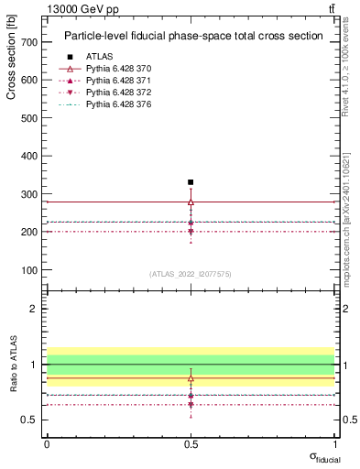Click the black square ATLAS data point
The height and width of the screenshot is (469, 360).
(x=191, y=182)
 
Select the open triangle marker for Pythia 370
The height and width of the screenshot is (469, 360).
(x=191, y=202)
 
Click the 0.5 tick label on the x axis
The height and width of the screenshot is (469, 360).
(x=191, y=442)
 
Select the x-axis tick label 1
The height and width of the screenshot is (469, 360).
(x=333, y=442)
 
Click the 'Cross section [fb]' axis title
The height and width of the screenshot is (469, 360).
(x=11, y=55)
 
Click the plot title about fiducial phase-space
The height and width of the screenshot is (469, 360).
(x=192, y=37)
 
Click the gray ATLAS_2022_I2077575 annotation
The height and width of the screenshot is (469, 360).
(x=191, y=273)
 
